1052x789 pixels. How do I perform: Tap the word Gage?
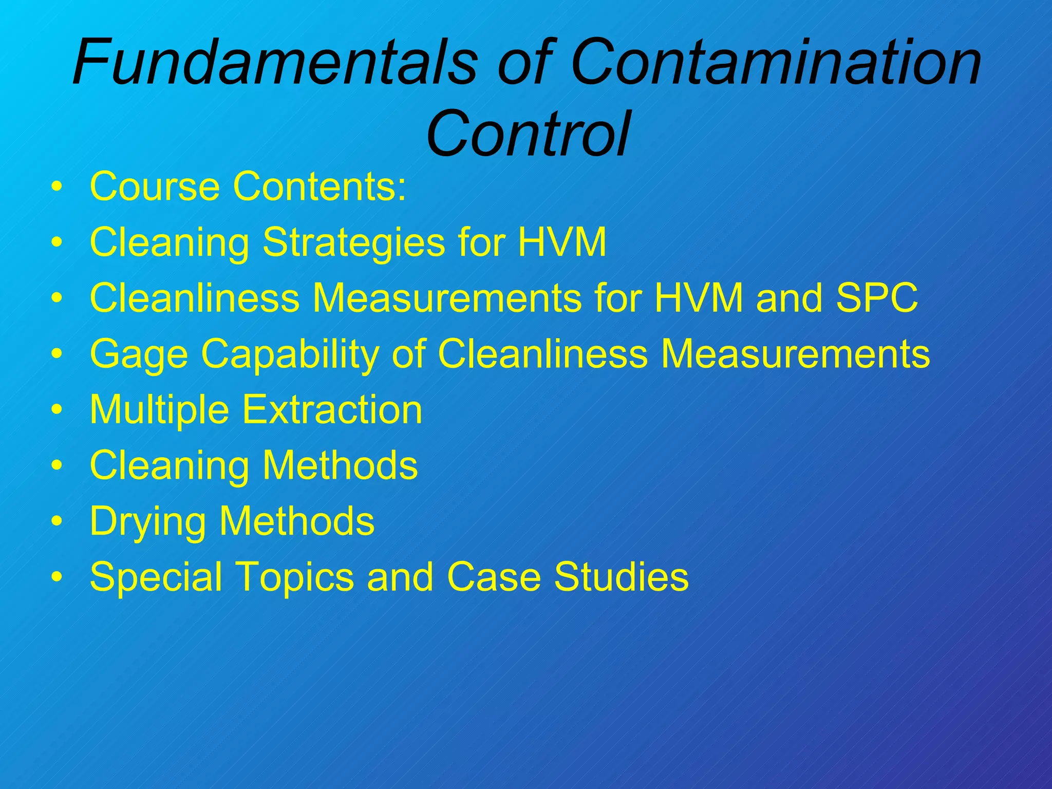pyautogui.click(x=139, y=354)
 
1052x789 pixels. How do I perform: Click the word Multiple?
pyautogui.click(x=159, y=410)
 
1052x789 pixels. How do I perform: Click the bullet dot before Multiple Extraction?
pyautogui.click(x=57, y=410)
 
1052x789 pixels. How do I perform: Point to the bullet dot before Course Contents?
pyautogui.click(x=57, y=186)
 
